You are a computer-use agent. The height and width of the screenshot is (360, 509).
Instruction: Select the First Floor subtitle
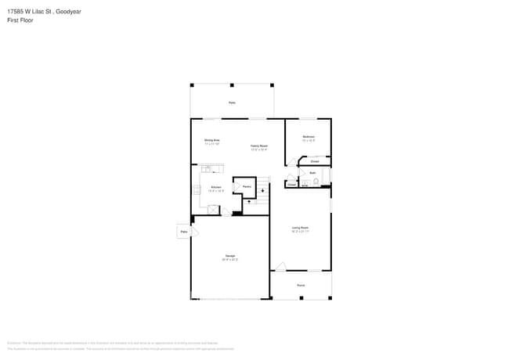coord(19,21)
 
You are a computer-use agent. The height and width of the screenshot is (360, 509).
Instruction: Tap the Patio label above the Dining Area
coord(232,103)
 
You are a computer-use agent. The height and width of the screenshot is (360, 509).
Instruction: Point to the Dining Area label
coord(211,141)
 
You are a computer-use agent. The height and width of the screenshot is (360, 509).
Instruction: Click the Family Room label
coord(259,146)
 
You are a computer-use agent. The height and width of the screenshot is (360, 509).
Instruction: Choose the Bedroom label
coord(309,138)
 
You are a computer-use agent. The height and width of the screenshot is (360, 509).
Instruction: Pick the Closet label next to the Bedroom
coord(315,162)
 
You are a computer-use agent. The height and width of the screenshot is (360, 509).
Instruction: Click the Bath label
coord(312,172)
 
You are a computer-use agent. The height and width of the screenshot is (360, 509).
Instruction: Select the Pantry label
coord(246,187)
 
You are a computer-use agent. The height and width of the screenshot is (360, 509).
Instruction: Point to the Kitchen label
coord(216,188)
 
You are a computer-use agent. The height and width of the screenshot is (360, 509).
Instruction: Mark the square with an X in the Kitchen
coord(212,209)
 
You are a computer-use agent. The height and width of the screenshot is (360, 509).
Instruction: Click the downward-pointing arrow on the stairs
coord(262,190)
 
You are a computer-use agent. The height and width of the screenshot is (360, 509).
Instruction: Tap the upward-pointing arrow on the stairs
coord(249,202)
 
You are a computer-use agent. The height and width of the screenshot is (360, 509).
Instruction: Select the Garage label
coord(230,256)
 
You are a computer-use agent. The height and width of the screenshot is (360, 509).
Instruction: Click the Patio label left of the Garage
coord(184,232)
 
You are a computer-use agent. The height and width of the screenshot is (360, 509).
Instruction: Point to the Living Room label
coord(301,229)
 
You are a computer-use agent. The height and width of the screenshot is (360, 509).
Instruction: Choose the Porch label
coord(301,286)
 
